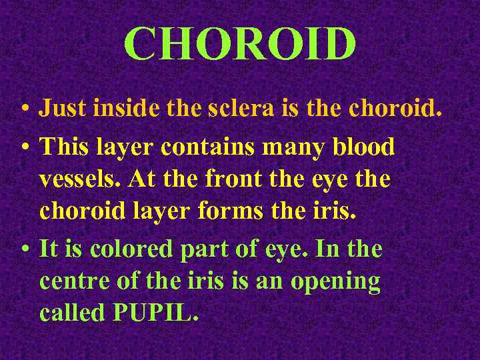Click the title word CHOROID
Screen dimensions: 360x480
click(240, 45)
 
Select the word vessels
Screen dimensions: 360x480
click(81, 179)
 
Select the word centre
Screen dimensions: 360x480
click(73, 281)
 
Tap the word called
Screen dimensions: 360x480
click(71, 313)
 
